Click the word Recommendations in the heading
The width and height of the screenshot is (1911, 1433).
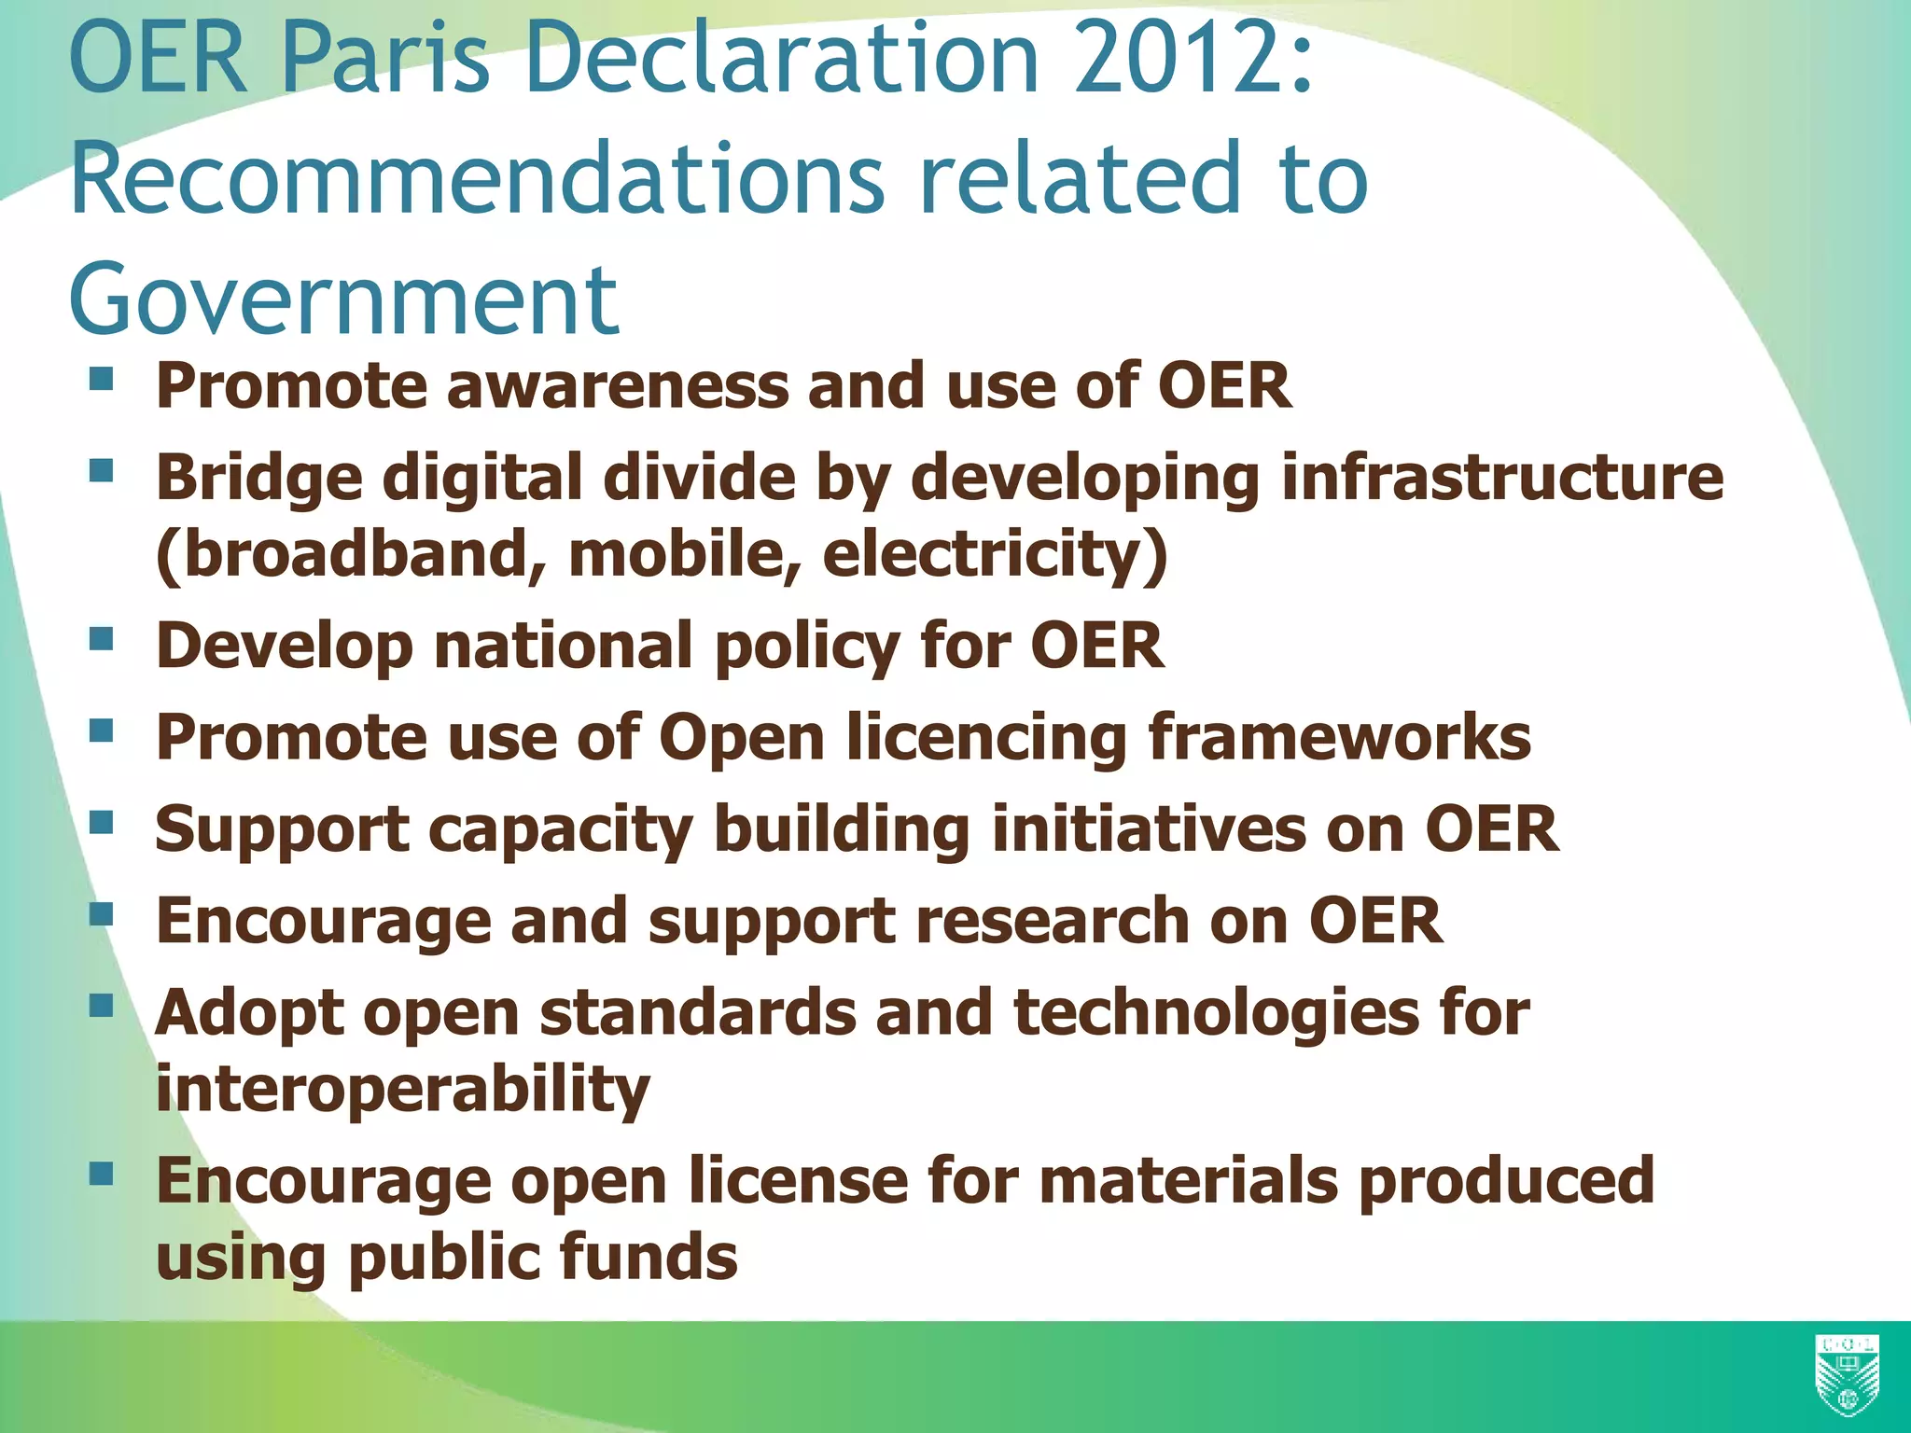477,177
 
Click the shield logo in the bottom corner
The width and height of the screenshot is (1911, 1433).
1847,1376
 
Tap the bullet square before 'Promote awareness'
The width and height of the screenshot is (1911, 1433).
102,379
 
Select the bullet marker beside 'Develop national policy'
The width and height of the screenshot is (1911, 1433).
102,639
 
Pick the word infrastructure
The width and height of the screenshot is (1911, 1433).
1502,478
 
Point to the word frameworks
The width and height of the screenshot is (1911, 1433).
1339,737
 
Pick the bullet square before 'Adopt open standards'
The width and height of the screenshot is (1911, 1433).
102,1006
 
